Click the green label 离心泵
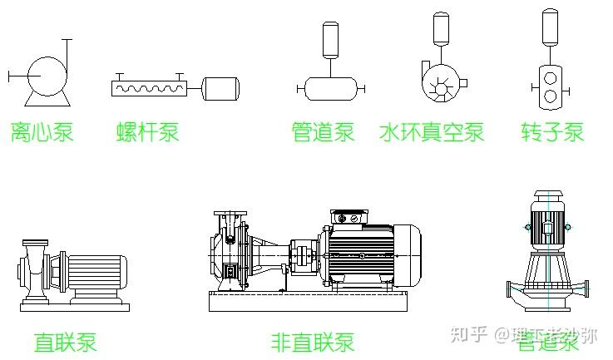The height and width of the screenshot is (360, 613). click(41, 131)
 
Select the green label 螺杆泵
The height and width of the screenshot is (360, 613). click(148, 131)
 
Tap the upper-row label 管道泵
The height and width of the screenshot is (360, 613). click(323, 131)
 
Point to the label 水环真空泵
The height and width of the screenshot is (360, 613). click(432, 131)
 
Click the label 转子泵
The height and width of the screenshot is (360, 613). click(552, 131)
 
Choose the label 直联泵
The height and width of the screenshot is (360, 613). click(65, 342)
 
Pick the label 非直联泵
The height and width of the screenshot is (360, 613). click(312, 342)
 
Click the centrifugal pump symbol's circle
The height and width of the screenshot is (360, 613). click(46, 76)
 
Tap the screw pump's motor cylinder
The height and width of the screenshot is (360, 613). click(221, 87)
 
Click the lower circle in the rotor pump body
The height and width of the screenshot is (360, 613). click(551, 96)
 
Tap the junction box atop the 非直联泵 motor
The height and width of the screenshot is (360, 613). click(348, 219)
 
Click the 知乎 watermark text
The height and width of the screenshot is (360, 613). click(469, 335)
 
